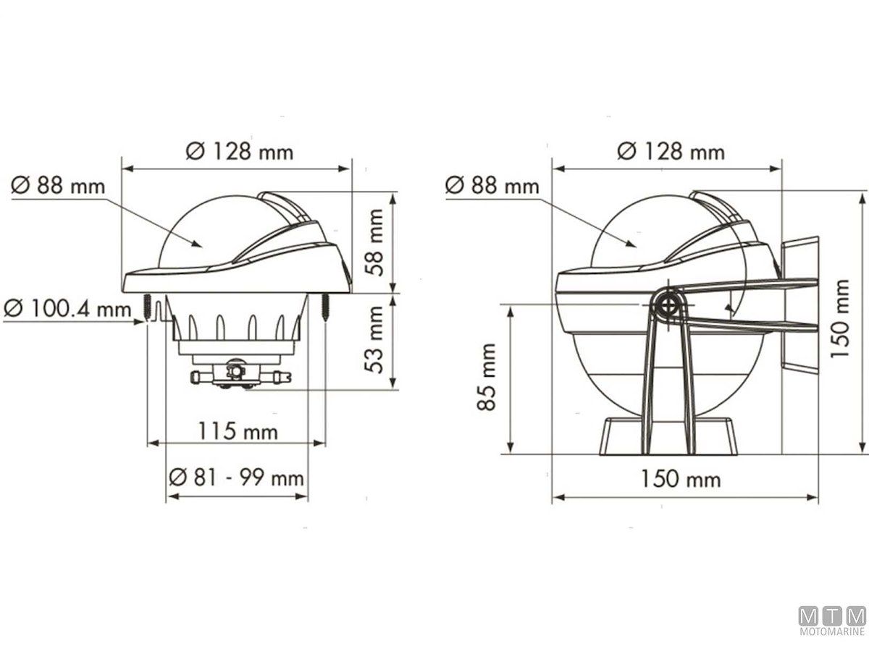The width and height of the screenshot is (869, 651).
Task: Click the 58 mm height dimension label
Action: (x=374, y=242)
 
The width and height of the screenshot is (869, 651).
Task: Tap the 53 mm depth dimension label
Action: (x=374, y=339)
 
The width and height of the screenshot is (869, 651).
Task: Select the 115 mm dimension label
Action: (x=238, y=431)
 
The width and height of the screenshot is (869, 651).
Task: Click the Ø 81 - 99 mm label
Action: (x=236, y=478)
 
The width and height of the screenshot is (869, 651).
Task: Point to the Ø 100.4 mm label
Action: (x=67, y=309)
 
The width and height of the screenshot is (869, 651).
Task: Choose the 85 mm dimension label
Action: (x=487, y=377)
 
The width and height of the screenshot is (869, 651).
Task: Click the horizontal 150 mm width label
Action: (x=681, y=479)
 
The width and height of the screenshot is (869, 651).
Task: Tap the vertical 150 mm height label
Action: (x=840, y=318)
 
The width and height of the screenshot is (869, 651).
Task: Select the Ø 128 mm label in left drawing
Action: (x=240, y=151)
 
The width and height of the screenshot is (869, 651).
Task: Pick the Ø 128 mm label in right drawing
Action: (x=671, y=151)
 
